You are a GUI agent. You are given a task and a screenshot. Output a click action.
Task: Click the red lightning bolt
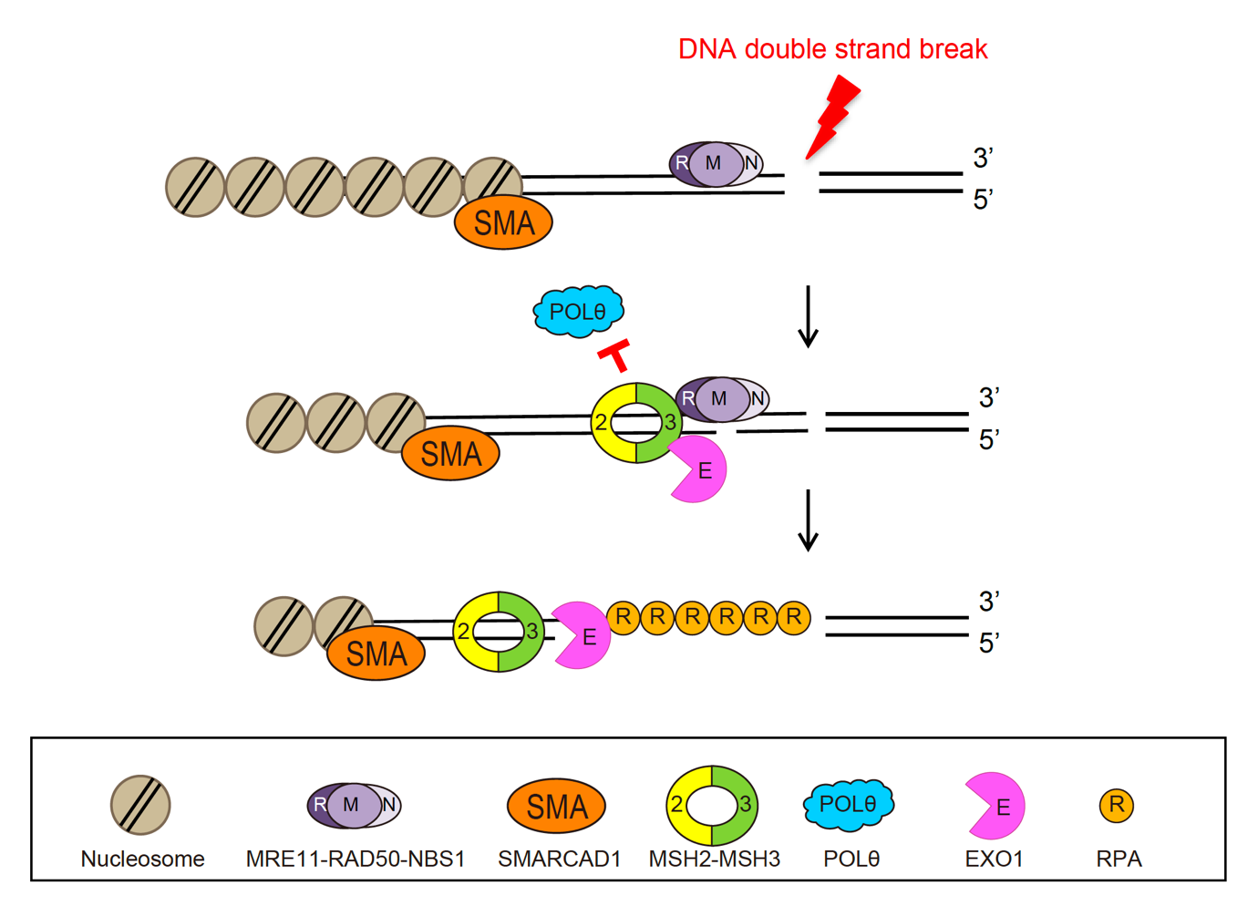pos(833,117)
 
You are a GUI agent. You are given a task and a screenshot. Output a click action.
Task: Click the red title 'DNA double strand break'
pos(832,49)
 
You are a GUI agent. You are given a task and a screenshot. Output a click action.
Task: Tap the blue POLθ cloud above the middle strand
pos(578,312)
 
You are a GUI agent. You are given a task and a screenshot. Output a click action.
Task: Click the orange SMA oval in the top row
pos(503,222)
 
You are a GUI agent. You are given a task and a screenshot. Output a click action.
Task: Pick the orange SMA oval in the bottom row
pos(376,654)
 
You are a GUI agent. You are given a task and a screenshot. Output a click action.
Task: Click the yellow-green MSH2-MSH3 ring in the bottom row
pos(498,631)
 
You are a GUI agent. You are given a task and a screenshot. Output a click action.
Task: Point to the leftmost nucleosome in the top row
pos(195,187)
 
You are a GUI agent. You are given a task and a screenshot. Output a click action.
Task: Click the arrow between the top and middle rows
pos(808,316)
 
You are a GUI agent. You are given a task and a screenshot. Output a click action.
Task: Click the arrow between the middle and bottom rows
pos(808,520)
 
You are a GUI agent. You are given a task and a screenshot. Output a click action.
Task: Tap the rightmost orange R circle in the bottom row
pos(794,617)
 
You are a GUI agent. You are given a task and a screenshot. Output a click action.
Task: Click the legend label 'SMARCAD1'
pos(559,859)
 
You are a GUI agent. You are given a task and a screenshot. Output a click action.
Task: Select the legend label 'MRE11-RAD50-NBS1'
pos(356,859)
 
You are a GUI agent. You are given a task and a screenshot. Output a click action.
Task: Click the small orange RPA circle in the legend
pos(1117,805)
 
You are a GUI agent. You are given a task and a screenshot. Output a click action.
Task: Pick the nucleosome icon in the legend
pos(140,805)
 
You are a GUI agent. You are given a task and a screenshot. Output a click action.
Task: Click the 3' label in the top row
pos(983,159)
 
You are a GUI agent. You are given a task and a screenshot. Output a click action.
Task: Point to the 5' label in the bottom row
pos(989,643)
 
